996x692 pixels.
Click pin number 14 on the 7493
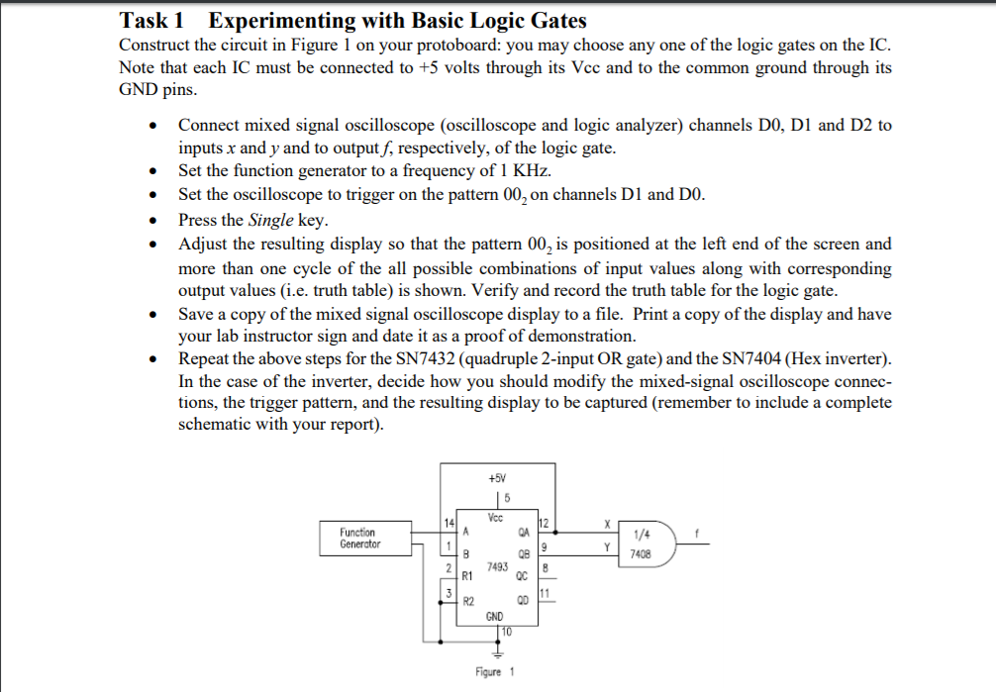click(448, 522)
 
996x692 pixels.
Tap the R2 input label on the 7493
click(468, 601)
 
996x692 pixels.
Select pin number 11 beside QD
click(543, 593)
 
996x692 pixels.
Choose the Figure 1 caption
click(495, 672)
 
